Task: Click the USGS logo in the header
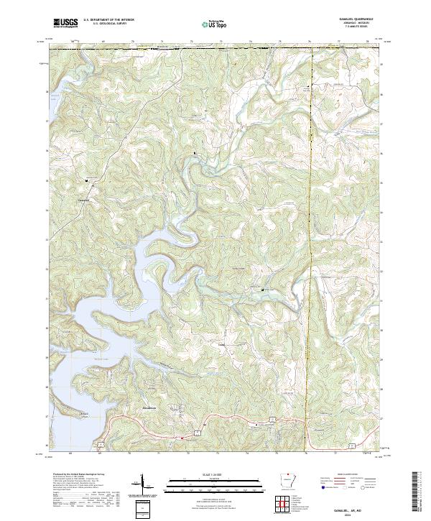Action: coord(65,23)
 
